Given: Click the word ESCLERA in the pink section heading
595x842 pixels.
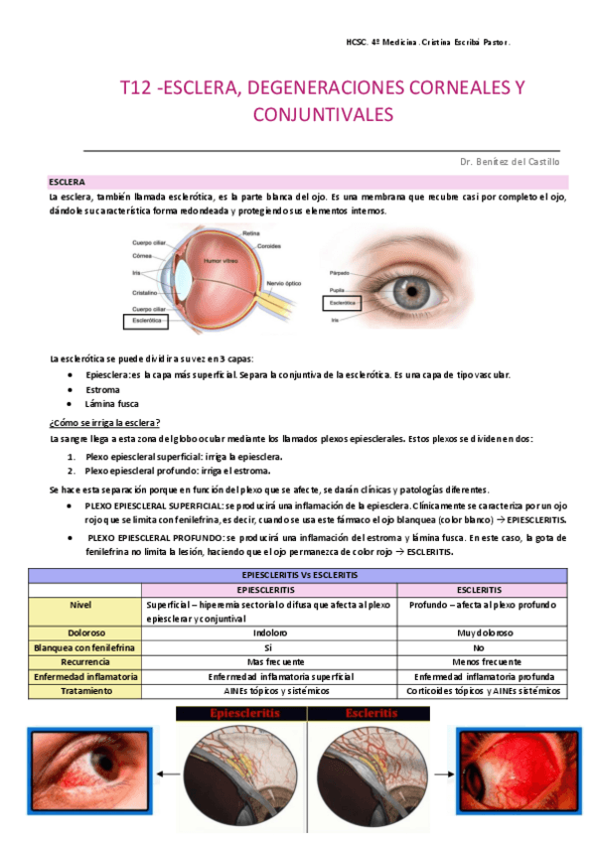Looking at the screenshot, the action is pyautogui.click(x=67, y=183).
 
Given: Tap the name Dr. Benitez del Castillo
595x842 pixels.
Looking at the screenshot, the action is pyautogui.click(x=510, y=161).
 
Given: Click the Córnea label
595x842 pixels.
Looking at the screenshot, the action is pyautogui.click(x=143, y=254).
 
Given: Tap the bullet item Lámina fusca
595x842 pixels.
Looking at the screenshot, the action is pyautogui.click(x=111, y=404).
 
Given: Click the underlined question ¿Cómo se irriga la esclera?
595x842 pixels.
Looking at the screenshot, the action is pyautogui.click(x=104, y=422).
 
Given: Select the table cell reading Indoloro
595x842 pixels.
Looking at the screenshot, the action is pyautogui.click(x=270, y=631).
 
